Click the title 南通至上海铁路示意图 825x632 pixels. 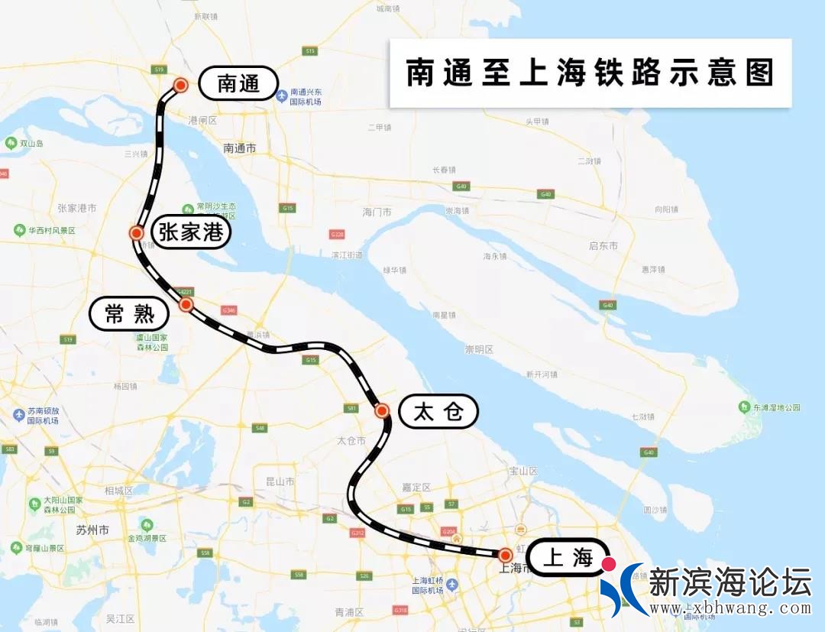coord(590,73)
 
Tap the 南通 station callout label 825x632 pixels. coord(238,83)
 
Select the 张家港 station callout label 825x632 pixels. coord(191,232)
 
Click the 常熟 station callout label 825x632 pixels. coord(128,313)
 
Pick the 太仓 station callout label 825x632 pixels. coord(438,412)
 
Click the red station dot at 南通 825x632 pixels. coord(181,86)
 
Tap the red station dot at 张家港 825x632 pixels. coord(137,233)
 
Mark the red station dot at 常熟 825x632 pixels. coord(186,304)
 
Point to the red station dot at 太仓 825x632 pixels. coord(382,411)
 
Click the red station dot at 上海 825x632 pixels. coord(505,555)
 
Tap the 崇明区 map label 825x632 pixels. coord(479,349)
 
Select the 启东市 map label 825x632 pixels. coord(603,245)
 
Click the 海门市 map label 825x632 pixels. coord(377,212)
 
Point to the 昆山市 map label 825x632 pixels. coord(280,481)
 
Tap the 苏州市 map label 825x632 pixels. coord(92,530)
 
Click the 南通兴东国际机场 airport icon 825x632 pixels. coord(282,96)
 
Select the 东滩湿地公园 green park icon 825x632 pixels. coord(745,407)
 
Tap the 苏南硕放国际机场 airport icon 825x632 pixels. coord(19,415)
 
